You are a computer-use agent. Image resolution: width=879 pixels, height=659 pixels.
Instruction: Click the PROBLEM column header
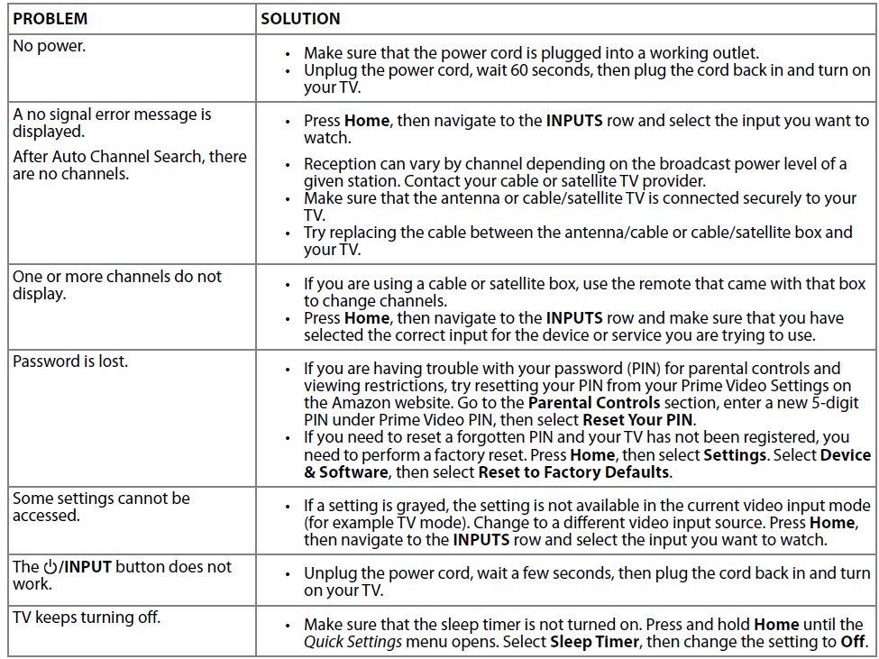click(50, 19)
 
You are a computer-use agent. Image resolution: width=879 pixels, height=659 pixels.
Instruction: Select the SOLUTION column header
click(300, 19)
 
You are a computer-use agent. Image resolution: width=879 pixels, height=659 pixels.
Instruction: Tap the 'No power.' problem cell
click(49, 45)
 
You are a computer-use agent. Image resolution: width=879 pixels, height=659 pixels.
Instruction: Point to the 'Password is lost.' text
click(70, 362)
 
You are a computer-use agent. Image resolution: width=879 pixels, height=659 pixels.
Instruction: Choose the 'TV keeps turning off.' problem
click(87, 618)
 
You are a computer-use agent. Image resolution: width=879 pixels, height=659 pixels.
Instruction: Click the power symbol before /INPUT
click(50, 567)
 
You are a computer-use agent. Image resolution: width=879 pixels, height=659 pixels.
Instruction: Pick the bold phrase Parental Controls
click(594, 403)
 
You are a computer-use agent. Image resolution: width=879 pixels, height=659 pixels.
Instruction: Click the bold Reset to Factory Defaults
click(573, 471)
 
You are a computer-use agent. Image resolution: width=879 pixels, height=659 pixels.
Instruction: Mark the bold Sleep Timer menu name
click(593, 642)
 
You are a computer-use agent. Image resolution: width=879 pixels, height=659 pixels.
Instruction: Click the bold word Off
click(852, 642)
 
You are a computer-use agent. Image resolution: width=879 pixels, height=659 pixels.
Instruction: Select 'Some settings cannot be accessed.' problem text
click(101, 507)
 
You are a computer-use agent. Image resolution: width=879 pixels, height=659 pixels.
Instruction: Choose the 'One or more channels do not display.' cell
click(116, 285)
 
